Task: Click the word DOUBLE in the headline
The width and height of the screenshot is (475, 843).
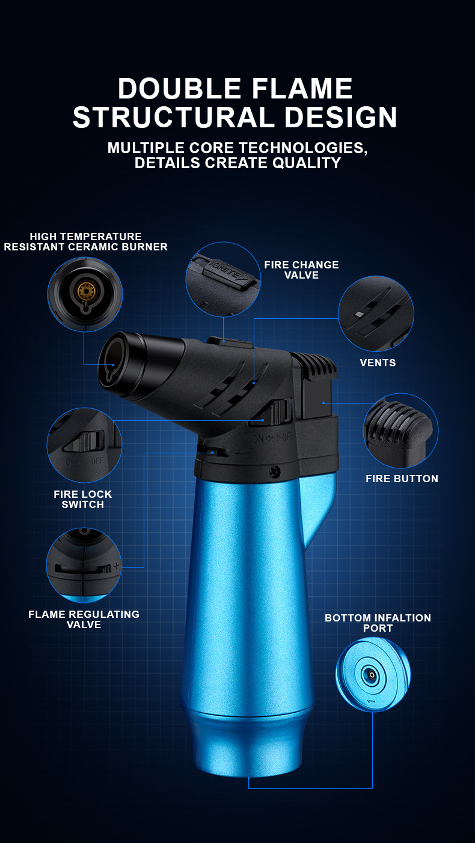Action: (179, 88)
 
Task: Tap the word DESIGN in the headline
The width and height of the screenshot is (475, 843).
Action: (341, 117)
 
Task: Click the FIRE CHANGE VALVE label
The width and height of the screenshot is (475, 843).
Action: (301, 270)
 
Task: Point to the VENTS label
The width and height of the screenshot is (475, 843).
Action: (378, 363)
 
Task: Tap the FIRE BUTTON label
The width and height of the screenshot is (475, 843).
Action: (402, 479)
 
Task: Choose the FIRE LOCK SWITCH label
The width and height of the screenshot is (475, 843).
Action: (82, 500)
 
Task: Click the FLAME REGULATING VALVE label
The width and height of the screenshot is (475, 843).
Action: (84, 620)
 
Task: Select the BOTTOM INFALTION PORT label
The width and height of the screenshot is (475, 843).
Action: (378, 623)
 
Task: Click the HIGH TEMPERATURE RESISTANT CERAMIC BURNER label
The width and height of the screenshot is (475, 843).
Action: (85, 241)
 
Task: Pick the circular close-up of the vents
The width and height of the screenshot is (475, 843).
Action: (376, 313)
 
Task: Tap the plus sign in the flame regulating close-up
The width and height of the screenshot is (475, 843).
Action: (117, 566)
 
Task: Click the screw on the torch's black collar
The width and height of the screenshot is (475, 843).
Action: (275, 471)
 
